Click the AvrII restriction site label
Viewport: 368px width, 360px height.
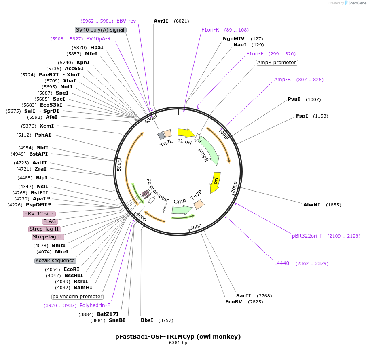(161, 21)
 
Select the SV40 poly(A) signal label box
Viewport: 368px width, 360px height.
(101, 30)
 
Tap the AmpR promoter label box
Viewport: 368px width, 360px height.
(277, 63)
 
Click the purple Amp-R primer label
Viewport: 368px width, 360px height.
(282, 80)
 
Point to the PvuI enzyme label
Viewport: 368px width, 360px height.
(294, 99)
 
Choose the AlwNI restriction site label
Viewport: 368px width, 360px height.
(311, 205)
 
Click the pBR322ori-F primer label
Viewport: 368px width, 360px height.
(307, 236)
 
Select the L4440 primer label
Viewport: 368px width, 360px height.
(281, 263)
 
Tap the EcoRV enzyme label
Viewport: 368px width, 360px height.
(233, 302)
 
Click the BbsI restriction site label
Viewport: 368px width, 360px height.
(147, 320)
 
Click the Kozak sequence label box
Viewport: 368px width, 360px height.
(55, 261)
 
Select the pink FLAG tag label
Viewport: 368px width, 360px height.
(50, 221)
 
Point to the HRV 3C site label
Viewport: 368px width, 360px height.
(39, 214)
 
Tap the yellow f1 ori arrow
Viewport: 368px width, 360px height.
(186, 133)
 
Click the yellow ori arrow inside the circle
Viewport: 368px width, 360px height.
(215, 182)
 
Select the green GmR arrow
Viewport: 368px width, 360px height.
(182, 210)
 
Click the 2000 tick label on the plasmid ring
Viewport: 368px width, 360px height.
(234, 187)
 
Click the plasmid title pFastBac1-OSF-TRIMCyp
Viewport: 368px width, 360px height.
(178, 336)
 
